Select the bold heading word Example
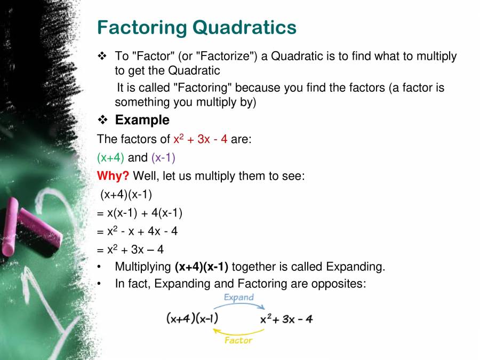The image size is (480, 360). (x=142, y=120)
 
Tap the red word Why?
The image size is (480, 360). (x=113, y=175)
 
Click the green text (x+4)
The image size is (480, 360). (x=110, y=158)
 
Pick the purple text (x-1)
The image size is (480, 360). (x=163, y=158)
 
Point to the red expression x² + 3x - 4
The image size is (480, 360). (x=201, y=140)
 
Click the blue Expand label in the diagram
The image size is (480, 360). (x=238, y=297)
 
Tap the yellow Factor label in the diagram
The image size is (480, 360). (x=238, y=340)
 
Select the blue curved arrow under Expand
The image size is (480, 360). (x=238, y=306)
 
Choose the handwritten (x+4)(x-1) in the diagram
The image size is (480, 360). (x=192, y=319)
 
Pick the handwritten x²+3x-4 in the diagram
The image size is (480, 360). (x=286, y=319)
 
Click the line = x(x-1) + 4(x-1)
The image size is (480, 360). (x=140, y=213)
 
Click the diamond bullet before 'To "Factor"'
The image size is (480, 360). (x=102, y=56)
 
